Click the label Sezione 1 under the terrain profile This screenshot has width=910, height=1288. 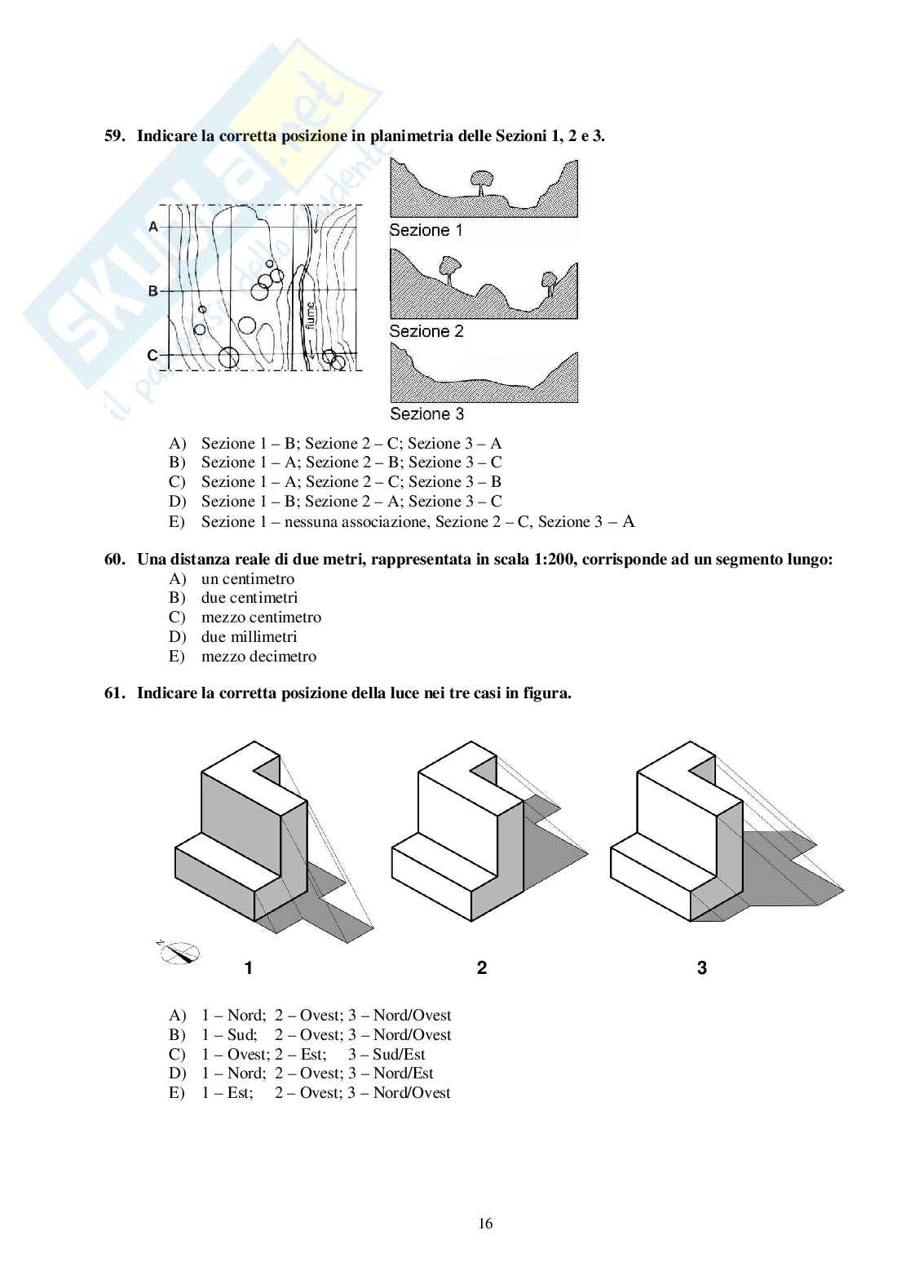coord(426,230)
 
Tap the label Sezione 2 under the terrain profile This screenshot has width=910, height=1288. coord(426,331)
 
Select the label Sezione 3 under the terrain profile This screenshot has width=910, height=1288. coord(426,414)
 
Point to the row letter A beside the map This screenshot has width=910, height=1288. coord(152,227)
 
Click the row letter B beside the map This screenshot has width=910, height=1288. coord(152,290)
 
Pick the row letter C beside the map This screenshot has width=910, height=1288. coord(152,356)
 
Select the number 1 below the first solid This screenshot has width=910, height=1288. coord(248,968)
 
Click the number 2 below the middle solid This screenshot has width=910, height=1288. coord(482,968)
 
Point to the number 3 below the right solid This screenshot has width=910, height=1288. coord(702,968)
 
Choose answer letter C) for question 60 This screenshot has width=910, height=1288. coord(177,617)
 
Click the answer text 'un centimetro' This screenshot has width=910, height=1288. coord(248,579)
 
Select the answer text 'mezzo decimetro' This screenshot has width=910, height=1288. coord(258,657)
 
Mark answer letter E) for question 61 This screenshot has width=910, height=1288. coord(177,1093)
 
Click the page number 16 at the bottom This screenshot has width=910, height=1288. coord(486,1224)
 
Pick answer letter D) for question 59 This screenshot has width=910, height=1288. coord(177,502)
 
